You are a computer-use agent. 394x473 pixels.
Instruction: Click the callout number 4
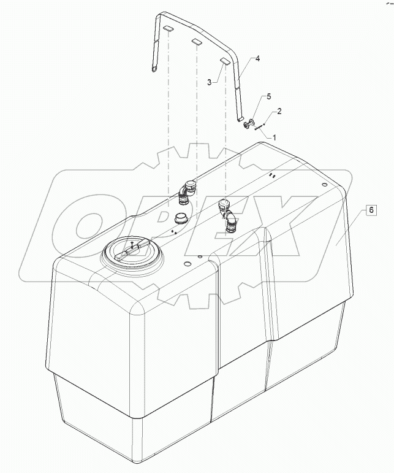(258, 59)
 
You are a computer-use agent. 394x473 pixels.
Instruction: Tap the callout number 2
(280, 111)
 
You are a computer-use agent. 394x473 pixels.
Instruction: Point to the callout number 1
(274, 137)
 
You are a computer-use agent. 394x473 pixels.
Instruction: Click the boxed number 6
(371, 210)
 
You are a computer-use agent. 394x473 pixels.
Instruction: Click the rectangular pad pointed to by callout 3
(224, 61)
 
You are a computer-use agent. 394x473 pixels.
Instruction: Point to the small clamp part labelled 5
(248, 126)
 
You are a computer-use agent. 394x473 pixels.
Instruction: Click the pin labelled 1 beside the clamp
(260, 127)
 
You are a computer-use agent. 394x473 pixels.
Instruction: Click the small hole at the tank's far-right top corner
(324, 183)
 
